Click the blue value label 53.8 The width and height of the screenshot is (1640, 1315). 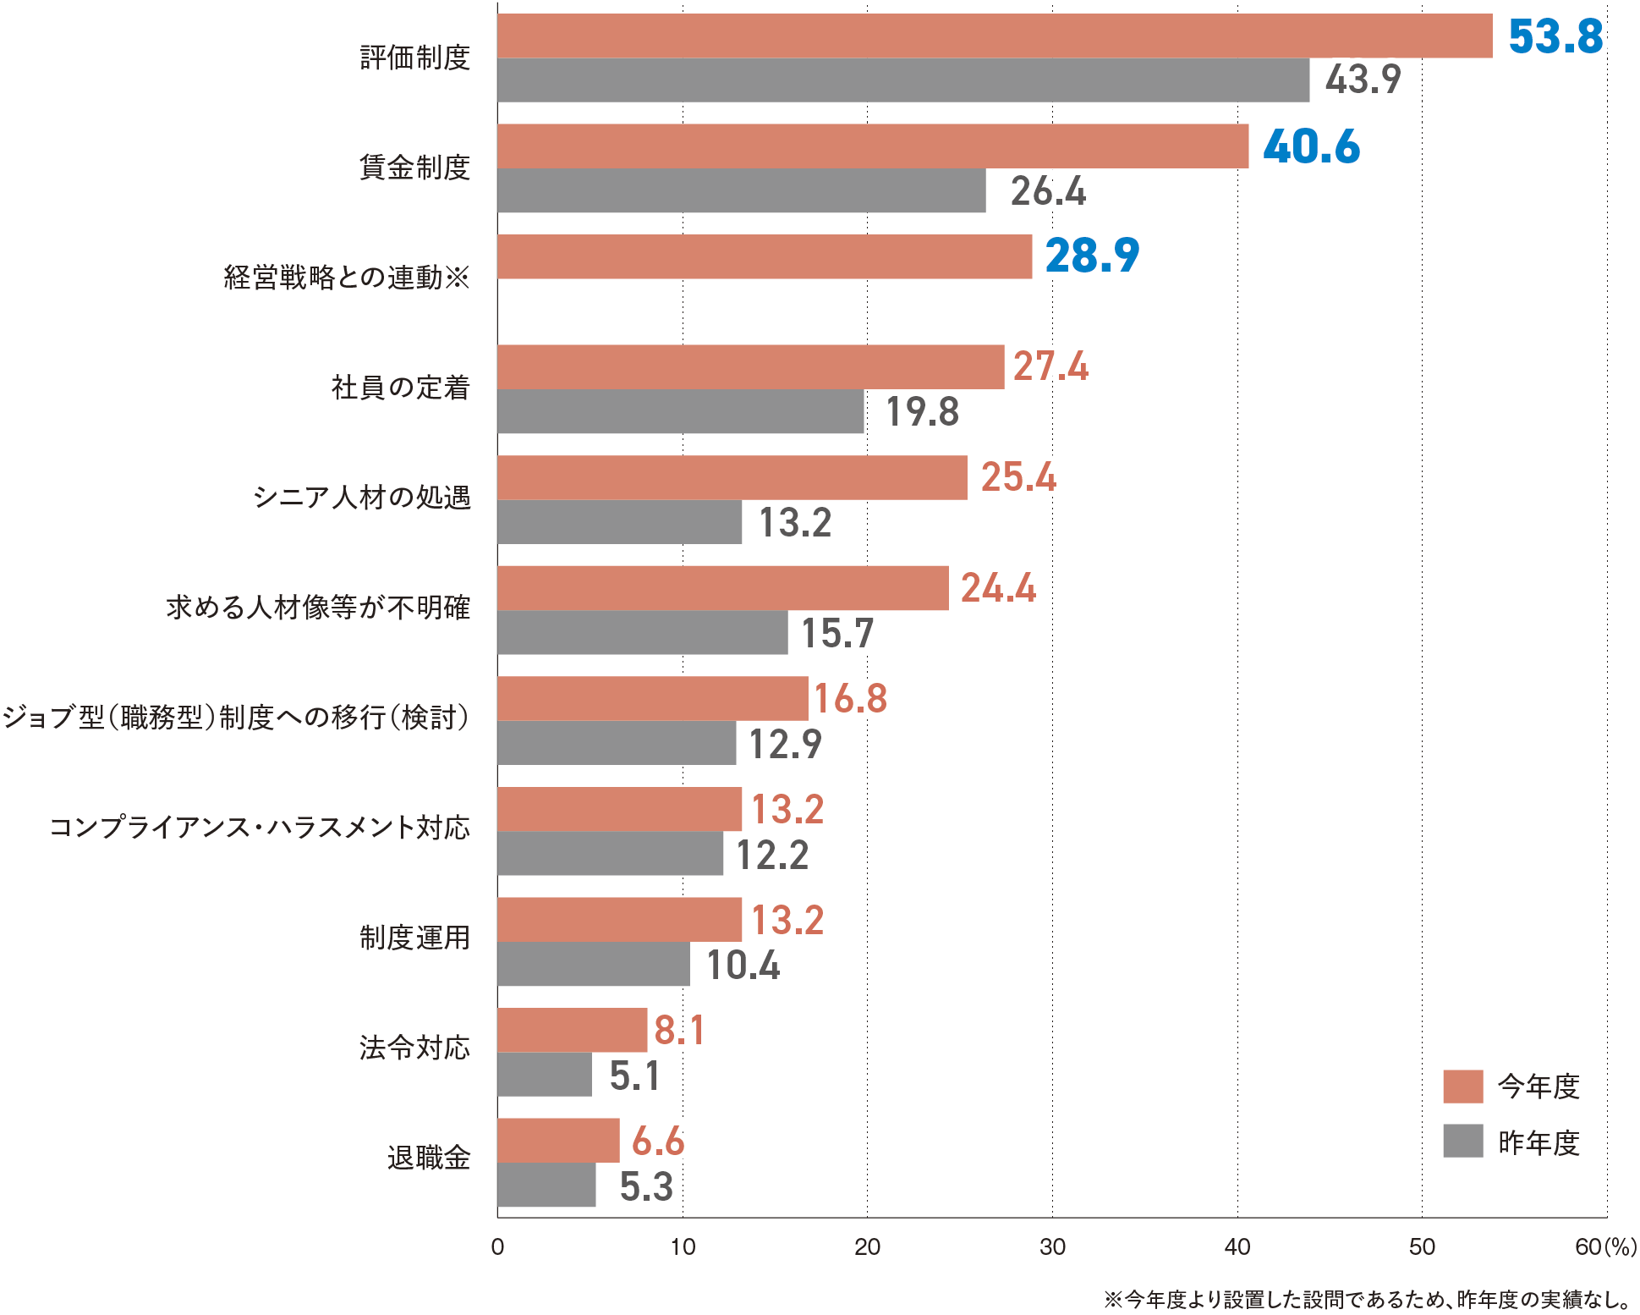(1555, 36)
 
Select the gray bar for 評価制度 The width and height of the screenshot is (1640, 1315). (902, 80)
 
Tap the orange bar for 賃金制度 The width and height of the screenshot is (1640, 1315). (872, 146)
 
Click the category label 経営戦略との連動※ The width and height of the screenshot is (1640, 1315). (347, 278)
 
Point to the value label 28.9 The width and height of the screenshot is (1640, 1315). (1092, 256)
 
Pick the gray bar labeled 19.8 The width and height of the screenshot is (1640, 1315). (680, 411)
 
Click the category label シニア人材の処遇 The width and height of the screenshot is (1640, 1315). (362, 498)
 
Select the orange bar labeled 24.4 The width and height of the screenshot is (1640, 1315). (722, 588)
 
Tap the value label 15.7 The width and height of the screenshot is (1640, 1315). (836, 633)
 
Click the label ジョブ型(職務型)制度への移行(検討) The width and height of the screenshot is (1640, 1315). (235, 718)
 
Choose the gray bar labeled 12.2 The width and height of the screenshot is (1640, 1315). (610, 853)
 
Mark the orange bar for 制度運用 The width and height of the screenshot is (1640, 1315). (619, 920)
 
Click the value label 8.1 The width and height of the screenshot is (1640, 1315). (678, 1031)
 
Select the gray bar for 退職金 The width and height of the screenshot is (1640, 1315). (546, 1185)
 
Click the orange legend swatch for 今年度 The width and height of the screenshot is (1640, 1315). (1462, 1087)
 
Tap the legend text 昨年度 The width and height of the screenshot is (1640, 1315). (1539, 1142)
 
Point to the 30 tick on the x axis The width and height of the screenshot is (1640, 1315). (1052, 1246)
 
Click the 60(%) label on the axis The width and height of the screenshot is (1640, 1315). (1604, 1246)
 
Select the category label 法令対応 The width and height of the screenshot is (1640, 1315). (414, 1048)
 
